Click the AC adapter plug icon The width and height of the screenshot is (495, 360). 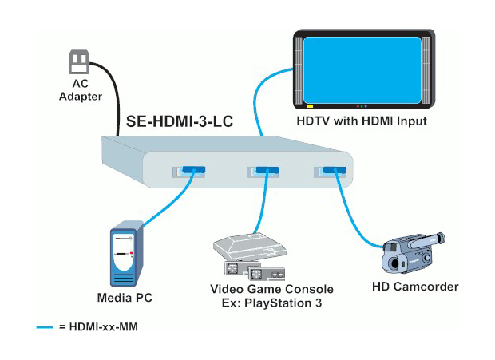click(79, 61)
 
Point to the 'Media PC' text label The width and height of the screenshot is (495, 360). click(125, 298)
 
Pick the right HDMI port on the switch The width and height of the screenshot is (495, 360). click(332, 171)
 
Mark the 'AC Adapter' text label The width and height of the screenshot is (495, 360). click(81, 90)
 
